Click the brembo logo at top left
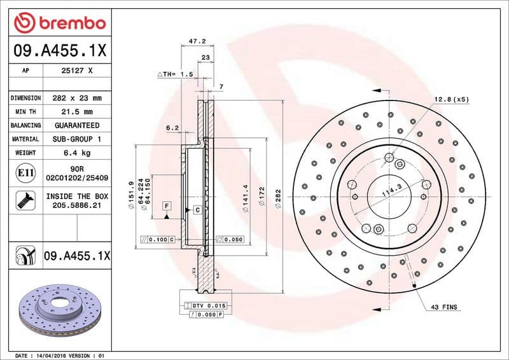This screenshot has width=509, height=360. (59, 24)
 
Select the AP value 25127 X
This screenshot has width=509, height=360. (76, 71)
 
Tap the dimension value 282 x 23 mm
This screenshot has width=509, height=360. (76, 99)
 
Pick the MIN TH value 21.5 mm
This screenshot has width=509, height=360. (76, 112)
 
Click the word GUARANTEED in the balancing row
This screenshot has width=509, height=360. (76, 125)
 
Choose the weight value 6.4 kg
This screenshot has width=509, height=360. (76, 153)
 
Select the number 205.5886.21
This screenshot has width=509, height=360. (76, 206)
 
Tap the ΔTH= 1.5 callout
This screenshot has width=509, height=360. (175, 74)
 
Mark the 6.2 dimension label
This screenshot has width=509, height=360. (172, 128)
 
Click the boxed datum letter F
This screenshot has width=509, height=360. (167, 206)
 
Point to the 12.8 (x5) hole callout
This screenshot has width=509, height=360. (452, 99)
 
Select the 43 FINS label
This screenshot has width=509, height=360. (444, 307)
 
